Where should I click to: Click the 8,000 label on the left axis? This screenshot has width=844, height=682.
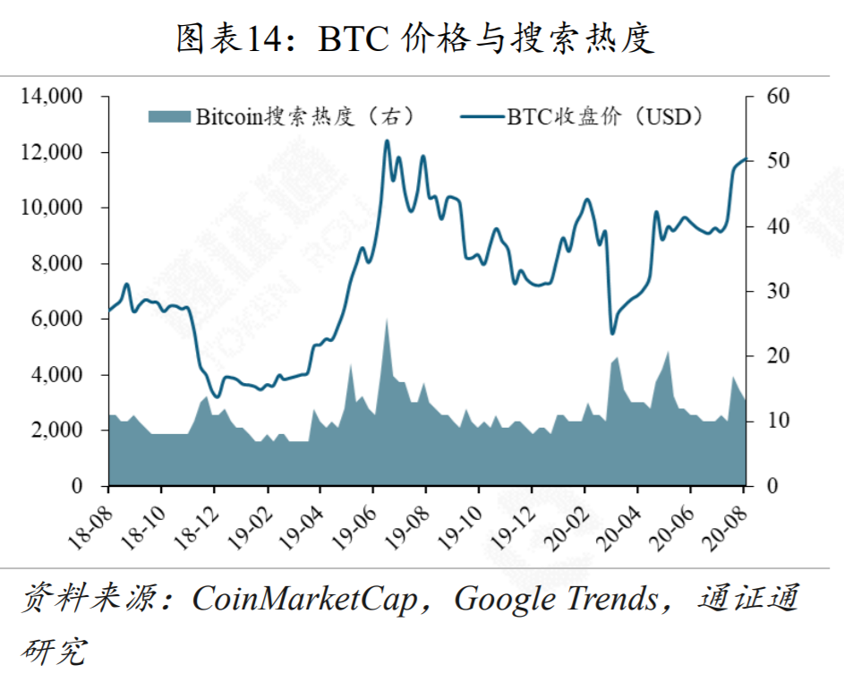[x=58, y=263]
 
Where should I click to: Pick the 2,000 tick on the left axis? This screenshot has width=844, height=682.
[x=58, y=431]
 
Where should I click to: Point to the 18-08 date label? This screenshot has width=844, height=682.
[x=94, y=519]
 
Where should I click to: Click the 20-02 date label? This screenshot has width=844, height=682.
[x=570, y=519]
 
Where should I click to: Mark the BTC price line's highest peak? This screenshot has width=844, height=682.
[x=387, y=141]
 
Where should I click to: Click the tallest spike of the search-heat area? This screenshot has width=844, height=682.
[x=387, y=320]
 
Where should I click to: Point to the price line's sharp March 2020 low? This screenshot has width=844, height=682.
[x=612, y=334]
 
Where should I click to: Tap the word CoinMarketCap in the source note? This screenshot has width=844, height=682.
[x=305, y=599]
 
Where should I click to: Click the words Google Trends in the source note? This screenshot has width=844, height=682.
[x=556, y=599]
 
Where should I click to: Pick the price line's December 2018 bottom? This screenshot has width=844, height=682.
[x=215, y=397]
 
